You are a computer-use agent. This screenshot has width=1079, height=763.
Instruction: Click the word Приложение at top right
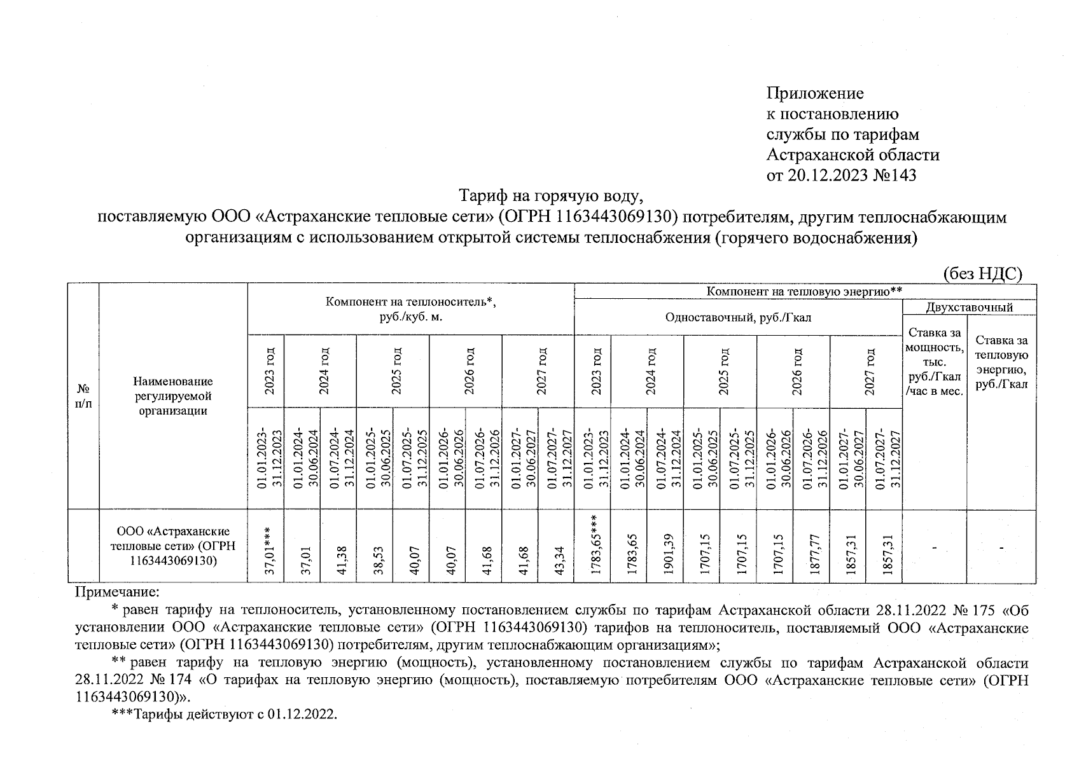tap(815, 93)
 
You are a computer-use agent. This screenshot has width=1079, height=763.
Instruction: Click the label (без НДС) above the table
tap(982, 273)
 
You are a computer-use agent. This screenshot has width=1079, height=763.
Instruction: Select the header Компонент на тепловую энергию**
tap(805, 291)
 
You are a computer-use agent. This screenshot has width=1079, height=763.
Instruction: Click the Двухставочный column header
tap(969, 308)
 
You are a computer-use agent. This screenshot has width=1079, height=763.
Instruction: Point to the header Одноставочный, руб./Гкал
tap(738, 317)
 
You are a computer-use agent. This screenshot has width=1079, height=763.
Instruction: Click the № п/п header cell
tap(83, 396)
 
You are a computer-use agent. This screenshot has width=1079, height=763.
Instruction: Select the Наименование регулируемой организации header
tap(173, 395)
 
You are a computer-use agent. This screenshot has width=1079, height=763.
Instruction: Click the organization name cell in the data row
tap(173, 546)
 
